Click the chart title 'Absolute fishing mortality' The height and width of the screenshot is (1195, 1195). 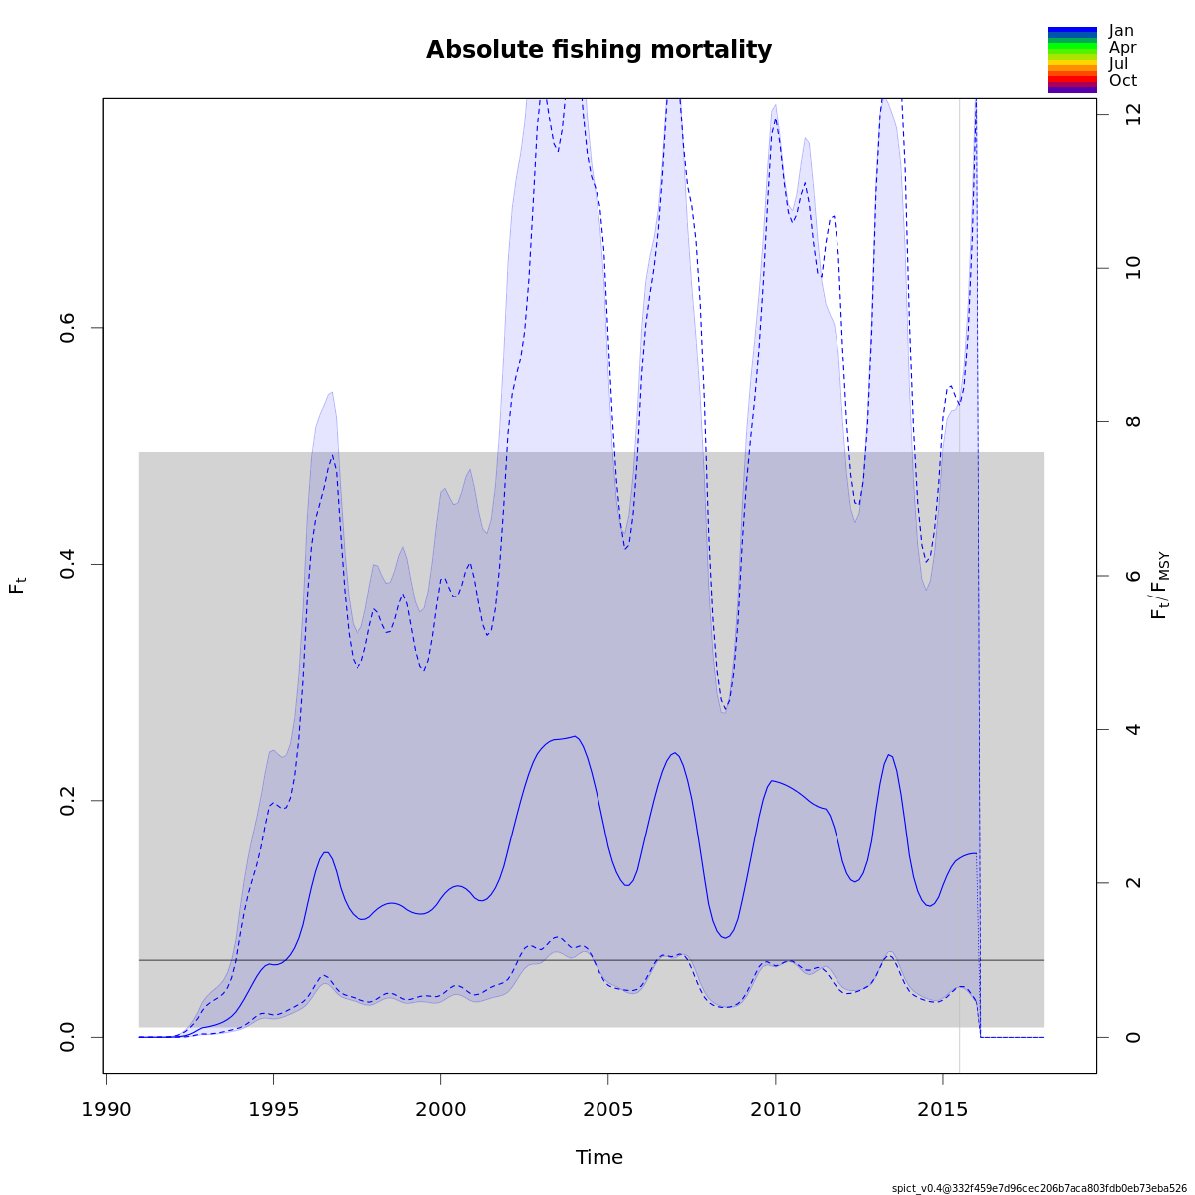pos(598,50)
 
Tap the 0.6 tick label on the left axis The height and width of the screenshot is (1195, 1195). pos(68,328)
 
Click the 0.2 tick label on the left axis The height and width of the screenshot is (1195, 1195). pos(68,801)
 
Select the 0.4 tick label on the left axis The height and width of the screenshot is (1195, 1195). pos(68,564)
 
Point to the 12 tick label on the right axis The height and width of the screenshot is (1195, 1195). pos(1133,115)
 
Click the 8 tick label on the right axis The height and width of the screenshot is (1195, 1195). pos(1133,421)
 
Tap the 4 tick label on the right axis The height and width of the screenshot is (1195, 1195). pos(1133,729)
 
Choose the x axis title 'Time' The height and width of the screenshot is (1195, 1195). pos(598,1157)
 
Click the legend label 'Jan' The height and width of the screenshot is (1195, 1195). pos(1121,31)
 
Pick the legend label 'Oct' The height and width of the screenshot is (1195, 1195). pos(1122,81)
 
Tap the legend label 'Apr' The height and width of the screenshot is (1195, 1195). pos(1122,47)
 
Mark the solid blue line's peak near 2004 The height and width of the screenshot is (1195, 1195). pos(575,736)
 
